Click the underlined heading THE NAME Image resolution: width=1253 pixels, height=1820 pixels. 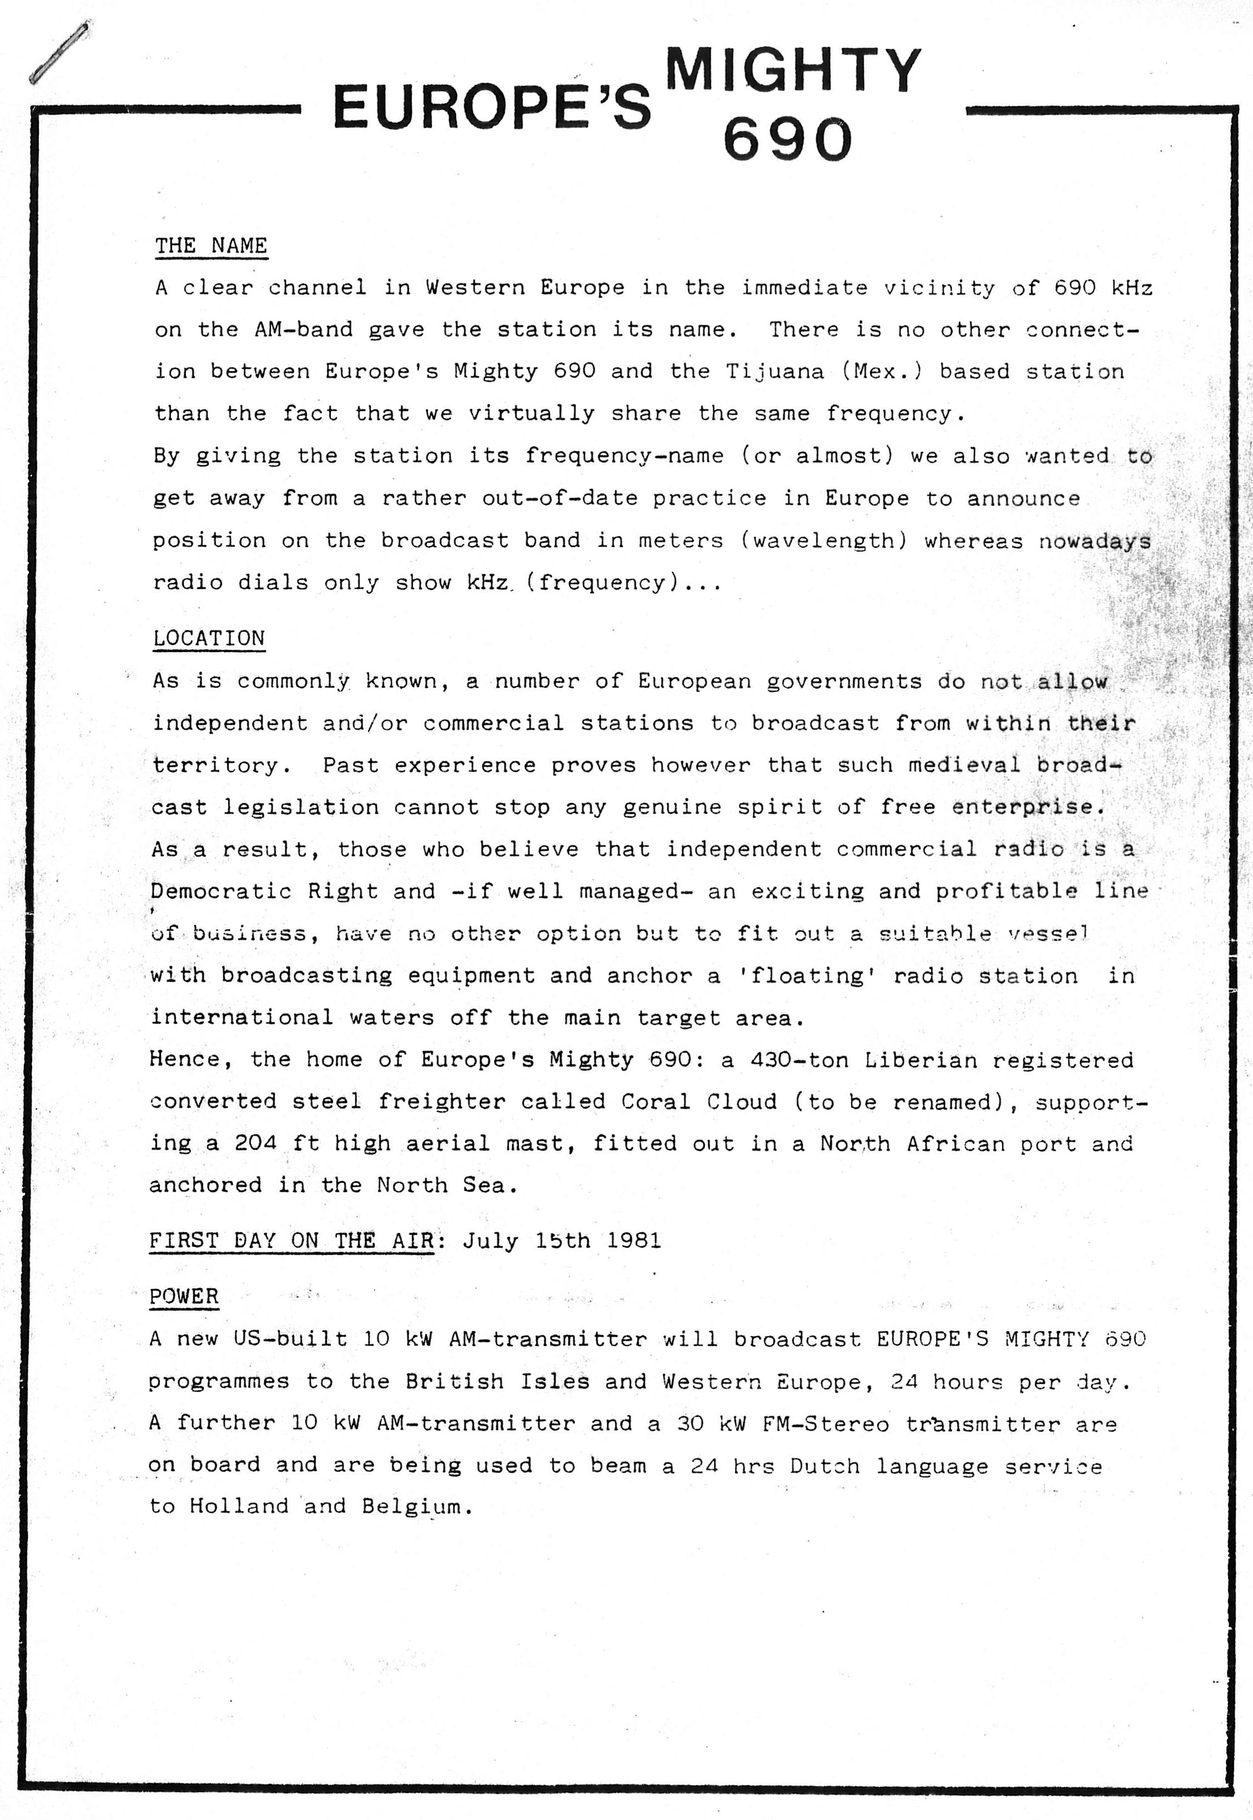click(x=210, y=246)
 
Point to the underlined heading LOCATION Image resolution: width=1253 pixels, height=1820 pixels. click(x=209, y=638)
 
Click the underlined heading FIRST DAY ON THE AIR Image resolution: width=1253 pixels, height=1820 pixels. click(x=291, y=1240)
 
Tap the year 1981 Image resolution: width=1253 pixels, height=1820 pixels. click(x=633, y=1240)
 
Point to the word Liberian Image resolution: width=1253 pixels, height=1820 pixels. click(x=921, y=1060)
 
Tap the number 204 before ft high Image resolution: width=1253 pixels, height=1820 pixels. click(x=255, y=1144)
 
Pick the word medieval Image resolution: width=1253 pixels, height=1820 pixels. click(x=964, y=765)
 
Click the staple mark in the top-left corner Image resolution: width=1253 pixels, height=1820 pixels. click(x=59, y=53)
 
